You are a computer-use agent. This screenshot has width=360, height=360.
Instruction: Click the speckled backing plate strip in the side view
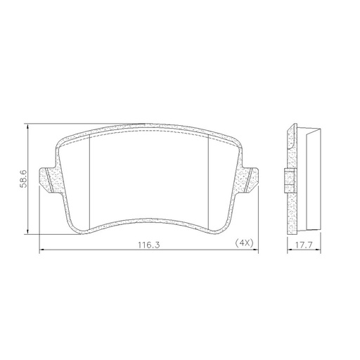coord(292,211)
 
